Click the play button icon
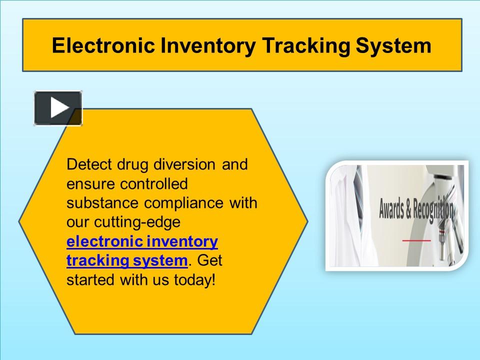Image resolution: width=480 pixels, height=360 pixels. click(58, 108)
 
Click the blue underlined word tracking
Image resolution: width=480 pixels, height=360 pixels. click(90, 260)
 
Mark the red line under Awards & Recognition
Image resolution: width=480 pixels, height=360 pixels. click(416, 240)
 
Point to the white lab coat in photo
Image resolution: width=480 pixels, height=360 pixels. click(350, 210)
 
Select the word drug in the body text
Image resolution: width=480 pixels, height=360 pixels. click(130, 164)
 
